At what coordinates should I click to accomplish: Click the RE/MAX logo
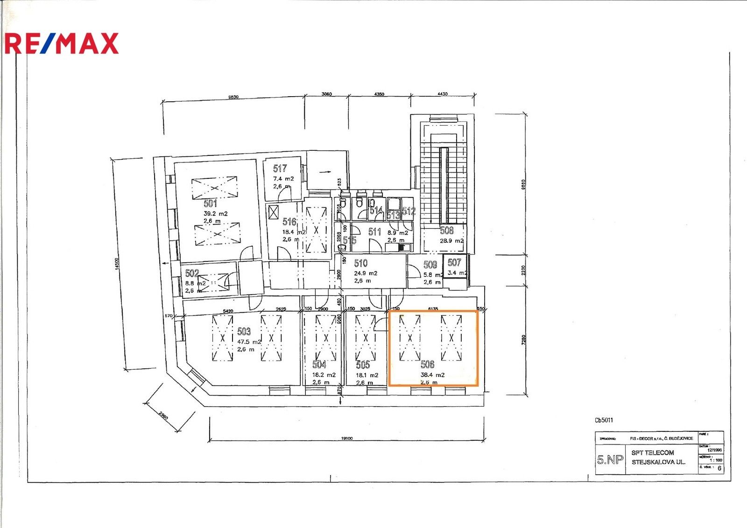pos(62,43)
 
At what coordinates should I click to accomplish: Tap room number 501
pos(211,203)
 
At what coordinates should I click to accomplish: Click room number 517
pos(280,169)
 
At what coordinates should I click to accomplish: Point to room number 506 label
pos(427,365)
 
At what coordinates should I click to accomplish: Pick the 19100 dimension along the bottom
pos(346,438)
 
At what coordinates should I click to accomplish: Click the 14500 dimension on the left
pos(117,263)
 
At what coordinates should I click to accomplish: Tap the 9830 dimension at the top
pos(233,97)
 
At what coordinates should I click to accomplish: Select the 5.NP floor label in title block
pos(610,460)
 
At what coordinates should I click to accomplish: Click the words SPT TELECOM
pos(652,452)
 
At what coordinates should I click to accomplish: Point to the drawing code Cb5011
pos(604,420)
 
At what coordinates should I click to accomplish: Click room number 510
pos(360,263)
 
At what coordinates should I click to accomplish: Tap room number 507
pos(454,262)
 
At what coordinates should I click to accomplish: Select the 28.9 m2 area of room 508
pos(451,241)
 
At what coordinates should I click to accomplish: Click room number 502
pos(192,273)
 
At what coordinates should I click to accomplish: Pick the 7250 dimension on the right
pos(523,339)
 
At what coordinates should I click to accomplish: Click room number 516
pos(289,222)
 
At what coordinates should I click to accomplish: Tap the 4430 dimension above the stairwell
pos(442,94)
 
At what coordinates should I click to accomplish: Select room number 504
pos(319,365)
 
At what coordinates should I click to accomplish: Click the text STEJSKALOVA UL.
pos(658,462)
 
